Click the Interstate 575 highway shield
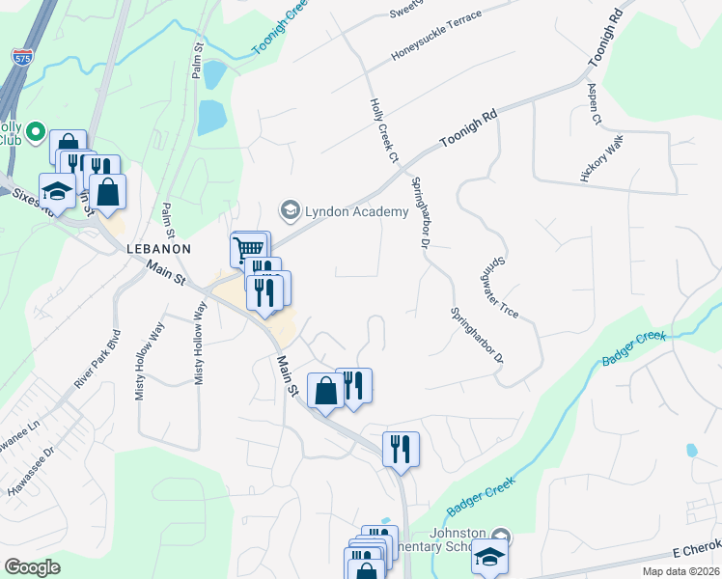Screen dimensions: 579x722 [21, 57]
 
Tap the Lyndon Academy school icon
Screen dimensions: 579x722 [289, 209]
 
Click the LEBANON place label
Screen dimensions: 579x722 [159, 248]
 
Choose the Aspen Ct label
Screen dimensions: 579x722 [595, 104]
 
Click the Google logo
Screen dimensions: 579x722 [33, 567]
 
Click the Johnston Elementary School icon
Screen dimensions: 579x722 [500, 537]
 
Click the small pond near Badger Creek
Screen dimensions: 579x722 [691, 450]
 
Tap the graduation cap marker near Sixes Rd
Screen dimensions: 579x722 [57, 191]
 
